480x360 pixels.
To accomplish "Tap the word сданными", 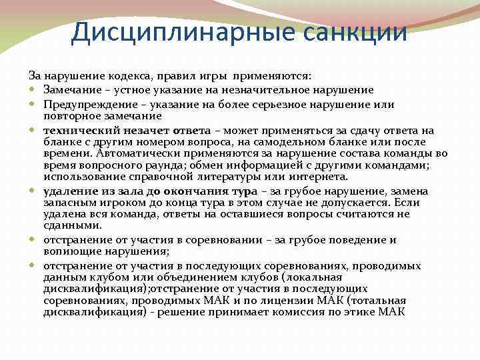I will coord(69,226).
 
